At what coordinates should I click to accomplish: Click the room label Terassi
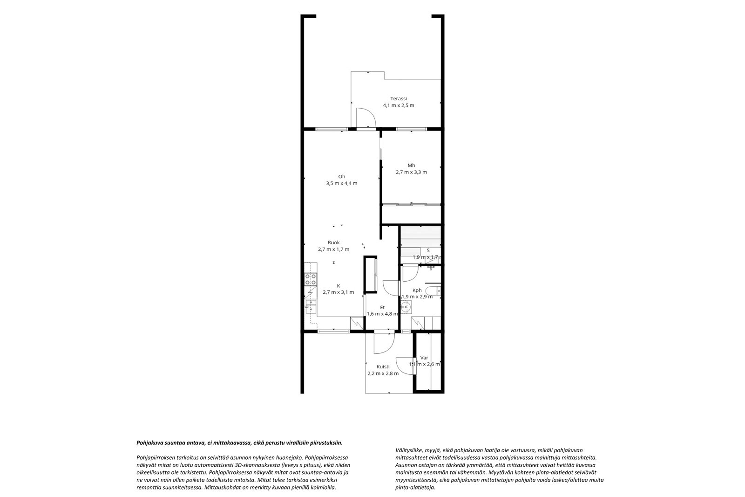[x=399, y=98]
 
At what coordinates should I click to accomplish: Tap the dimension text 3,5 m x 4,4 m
[x=342, y=183]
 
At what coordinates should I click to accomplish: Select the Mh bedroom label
[x=412, y=165]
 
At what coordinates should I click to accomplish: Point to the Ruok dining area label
[x=333, y=242]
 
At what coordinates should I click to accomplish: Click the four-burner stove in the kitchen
[x=78, y=279]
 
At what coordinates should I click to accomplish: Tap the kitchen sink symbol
[x=78, y=307]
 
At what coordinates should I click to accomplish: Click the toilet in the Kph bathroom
[x=433, y=291]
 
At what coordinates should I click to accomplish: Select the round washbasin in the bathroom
[x=406, y=307]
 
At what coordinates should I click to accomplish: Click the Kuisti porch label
[x=383, y=367]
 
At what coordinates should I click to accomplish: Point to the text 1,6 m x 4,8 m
[x=382, y=314]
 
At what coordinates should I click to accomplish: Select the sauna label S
[x=428, y=250]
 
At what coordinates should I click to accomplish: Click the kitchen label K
[x=338, y=286]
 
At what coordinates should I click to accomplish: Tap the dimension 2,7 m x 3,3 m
[x=412, y=172]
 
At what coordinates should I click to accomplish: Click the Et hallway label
[x=382, y=307]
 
